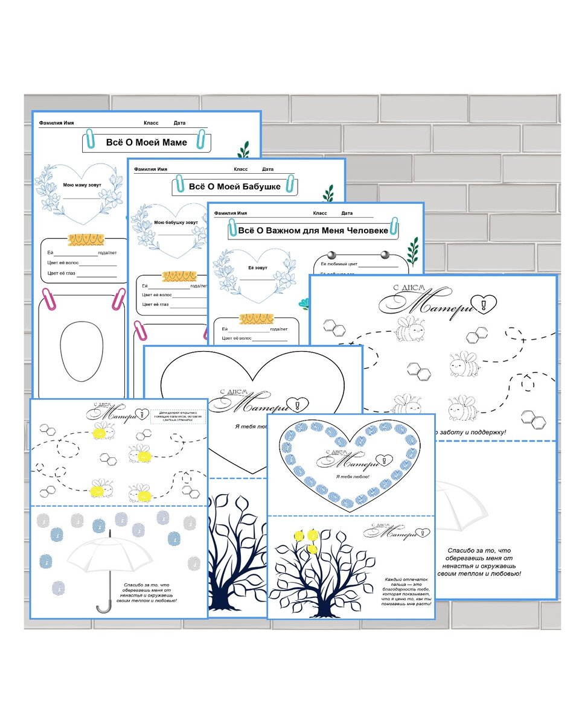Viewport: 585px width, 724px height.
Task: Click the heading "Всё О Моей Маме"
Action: tap(146, 142)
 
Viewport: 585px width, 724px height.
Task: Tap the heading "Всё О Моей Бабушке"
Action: tap(235, 186)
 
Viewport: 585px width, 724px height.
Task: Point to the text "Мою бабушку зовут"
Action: tap(177, 223)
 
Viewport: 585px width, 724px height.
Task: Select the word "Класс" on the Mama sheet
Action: tap(151, 123)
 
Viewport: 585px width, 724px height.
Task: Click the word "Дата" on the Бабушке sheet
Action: tap(268, 170)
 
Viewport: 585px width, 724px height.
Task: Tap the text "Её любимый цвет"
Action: tap(339, 264)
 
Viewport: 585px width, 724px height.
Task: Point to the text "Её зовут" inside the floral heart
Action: tap(257, 267)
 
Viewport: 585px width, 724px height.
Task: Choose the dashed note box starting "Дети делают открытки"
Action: tap(177, 416)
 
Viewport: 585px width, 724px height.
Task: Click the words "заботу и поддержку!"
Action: tap(470, 432)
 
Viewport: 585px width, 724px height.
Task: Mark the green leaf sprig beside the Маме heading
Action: tap(244, 150)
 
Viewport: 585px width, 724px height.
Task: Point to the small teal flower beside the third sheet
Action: tap(305, 303)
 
